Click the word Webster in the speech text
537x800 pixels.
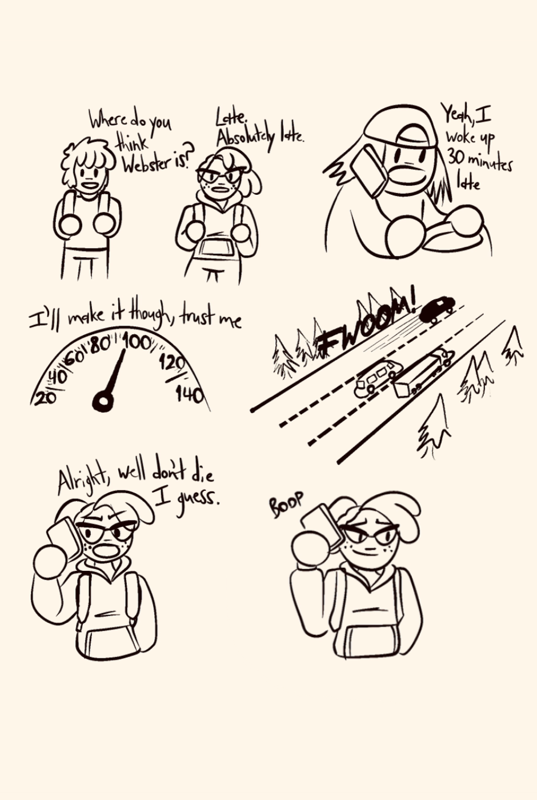147,164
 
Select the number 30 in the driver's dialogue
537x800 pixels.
456,158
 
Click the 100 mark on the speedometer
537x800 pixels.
138,343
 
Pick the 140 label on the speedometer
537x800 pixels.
189,395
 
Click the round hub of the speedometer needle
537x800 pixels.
103,401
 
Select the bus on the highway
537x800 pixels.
378,378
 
